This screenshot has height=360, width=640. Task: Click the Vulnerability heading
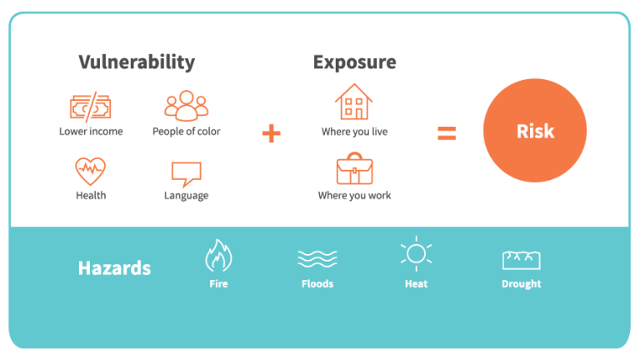137,62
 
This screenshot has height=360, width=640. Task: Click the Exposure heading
354,62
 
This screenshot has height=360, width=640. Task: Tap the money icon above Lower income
90,107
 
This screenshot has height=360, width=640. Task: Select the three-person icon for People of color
186,106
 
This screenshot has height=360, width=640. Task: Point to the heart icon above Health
90,172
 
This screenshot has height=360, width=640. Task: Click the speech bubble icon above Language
186,173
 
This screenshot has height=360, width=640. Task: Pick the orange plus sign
271,132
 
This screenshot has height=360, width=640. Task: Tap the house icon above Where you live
354,102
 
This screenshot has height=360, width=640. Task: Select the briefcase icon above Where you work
354,169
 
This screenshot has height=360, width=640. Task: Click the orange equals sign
447,132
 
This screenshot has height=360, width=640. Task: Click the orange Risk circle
535,131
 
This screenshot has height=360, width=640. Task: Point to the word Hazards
114,268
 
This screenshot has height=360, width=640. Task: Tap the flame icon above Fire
218,256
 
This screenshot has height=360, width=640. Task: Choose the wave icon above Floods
317,258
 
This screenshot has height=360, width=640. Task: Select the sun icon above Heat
416,254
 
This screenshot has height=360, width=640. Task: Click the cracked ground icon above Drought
522,259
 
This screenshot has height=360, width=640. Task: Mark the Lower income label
91,132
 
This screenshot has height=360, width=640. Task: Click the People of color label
186,132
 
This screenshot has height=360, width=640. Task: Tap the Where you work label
354,196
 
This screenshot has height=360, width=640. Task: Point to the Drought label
522,284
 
